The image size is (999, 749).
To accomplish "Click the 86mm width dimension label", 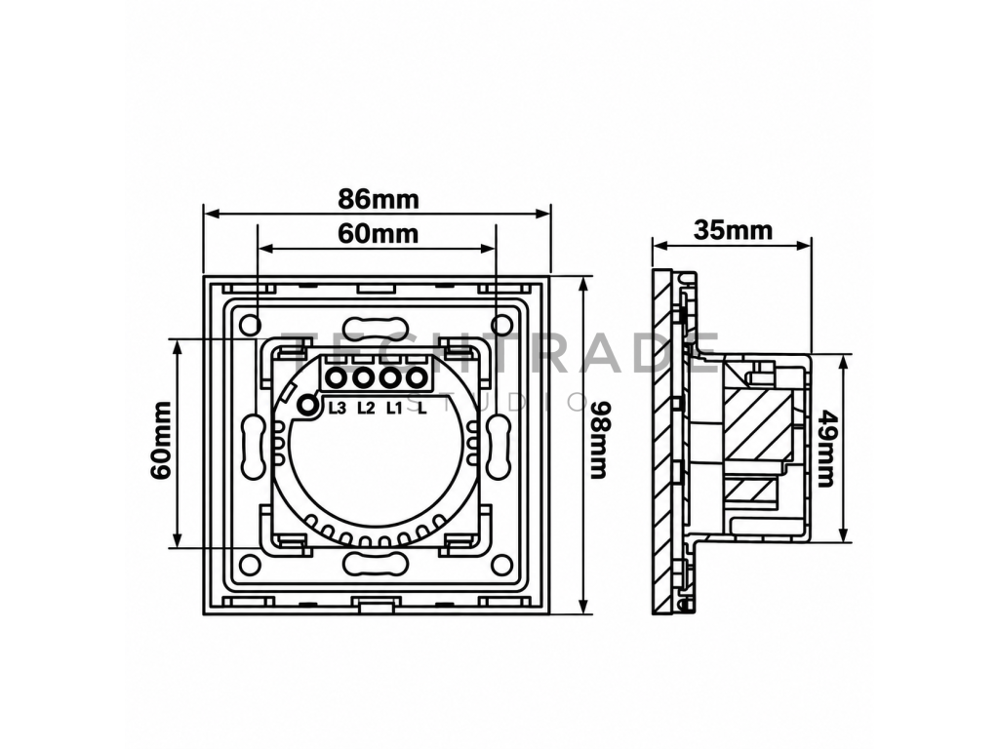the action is click(378, 199).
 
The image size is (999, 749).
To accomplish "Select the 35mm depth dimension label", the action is click(733, 229).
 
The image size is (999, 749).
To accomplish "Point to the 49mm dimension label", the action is click(826, 448).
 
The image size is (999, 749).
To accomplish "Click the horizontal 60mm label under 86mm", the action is click(378, 234).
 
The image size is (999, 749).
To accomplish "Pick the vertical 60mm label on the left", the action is click(161, 440).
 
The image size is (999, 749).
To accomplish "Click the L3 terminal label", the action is click(337, 409).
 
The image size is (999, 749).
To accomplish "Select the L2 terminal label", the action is click(367, 409).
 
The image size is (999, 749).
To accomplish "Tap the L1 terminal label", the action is click(394, 409).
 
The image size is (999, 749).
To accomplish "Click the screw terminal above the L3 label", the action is click(336, 379).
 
